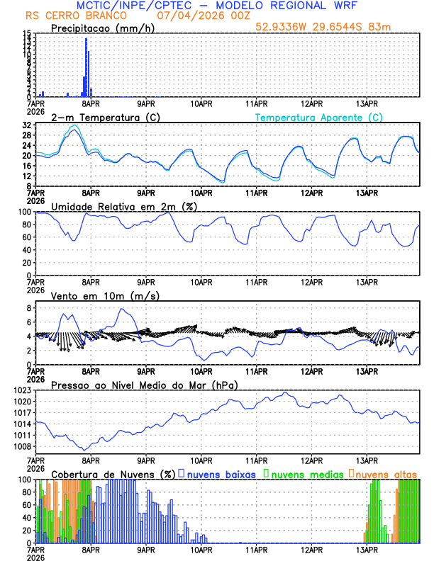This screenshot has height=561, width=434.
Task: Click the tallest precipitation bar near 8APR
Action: click(x=86, y=67)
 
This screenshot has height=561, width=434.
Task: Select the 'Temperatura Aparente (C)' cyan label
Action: click(x=319, y=117)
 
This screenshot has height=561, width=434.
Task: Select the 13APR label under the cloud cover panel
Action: click(x=367, y=549)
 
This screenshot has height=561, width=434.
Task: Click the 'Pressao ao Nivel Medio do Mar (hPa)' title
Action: click(x=144, y=385)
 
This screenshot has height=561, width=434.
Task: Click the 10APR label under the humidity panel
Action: click(x=201, y=281)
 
